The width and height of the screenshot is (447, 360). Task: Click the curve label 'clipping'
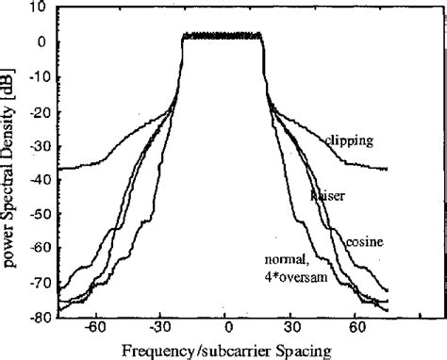tap(349, 142)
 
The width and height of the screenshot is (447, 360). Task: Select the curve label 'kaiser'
tap(325, 195)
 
